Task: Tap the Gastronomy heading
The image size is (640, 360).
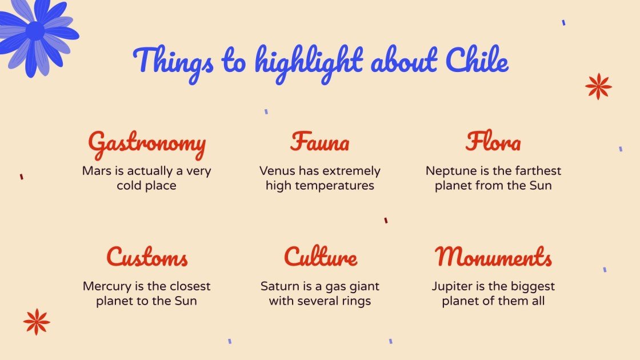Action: coord(147,143)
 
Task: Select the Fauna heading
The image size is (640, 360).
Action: coord(319,142)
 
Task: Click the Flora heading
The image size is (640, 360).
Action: coord(493,142)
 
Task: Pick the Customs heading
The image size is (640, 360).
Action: coord(147,257)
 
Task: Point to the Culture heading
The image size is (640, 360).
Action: coord(321,257)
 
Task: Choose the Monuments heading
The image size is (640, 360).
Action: coord(493,257)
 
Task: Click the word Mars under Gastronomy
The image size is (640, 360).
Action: coord(95,171)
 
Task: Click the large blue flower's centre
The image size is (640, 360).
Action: coord(34,31)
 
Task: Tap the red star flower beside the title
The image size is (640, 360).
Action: coord(598,86)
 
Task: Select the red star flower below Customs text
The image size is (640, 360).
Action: coord(37,322)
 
